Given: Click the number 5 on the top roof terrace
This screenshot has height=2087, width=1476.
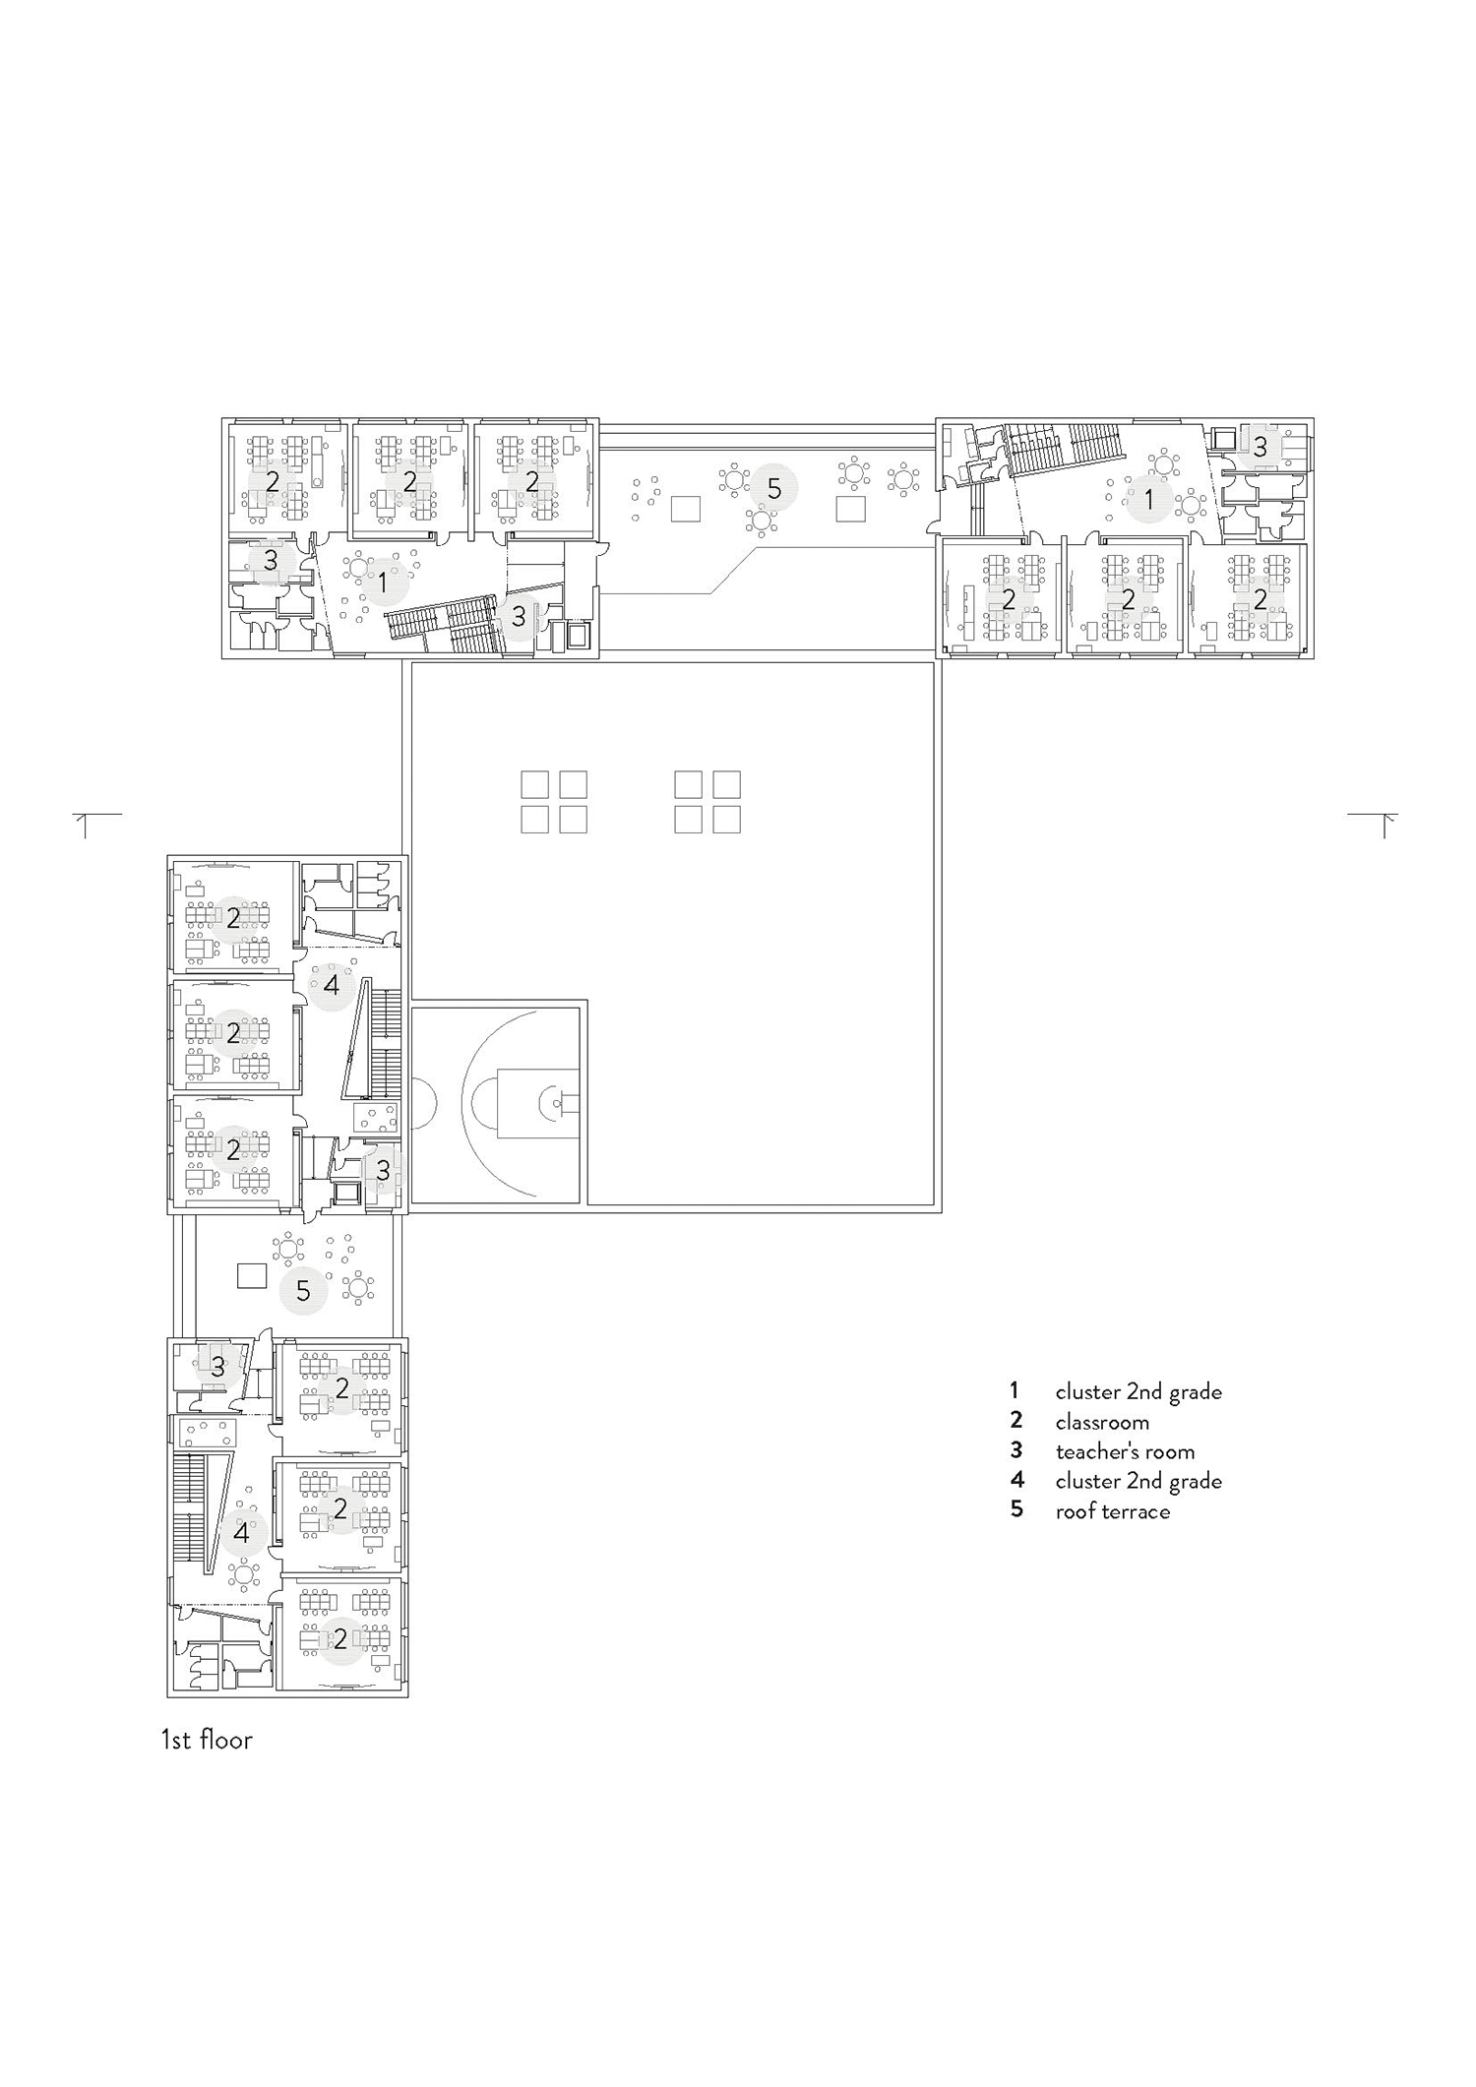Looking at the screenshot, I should click(773, 488).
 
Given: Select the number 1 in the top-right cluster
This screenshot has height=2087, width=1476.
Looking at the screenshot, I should click(1148, 500).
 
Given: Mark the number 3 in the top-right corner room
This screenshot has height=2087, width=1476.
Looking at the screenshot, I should click(1260, 450).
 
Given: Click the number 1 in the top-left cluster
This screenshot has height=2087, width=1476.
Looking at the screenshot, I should click(383, 583).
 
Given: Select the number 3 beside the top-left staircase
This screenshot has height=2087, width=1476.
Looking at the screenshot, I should click(519, 617).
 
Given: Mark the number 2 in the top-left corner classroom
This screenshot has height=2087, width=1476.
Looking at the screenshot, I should click(272, 482).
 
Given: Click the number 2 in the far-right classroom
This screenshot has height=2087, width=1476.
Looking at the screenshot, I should click(1261, 597).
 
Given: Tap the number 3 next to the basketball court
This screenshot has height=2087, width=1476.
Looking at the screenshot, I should click(383, 1169).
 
